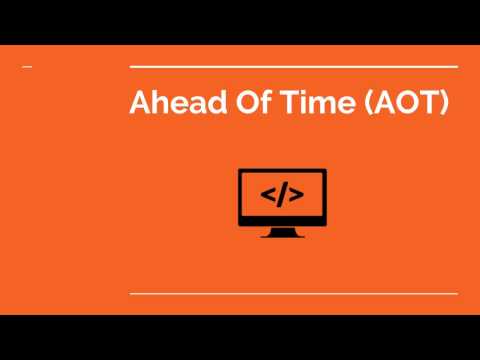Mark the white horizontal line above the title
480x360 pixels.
pyautogui.click(x=294, y=67)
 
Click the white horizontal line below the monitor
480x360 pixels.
pyautogui.click(x=294, y=294)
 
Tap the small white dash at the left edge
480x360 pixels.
pyautogui.click(x=26, y=67)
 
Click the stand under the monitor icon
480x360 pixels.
pyautogui.click(x=282, y=231)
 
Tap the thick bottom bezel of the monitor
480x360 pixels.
pyautogui.click(x=282, y=218)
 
